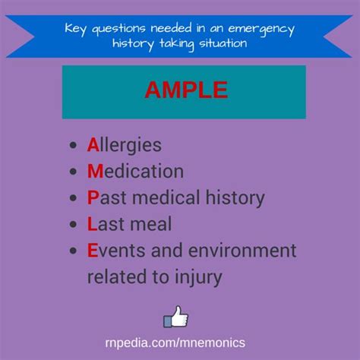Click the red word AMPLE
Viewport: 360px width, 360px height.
(x=186, y=90)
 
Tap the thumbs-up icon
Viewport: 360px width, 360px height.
(x=175, y=317)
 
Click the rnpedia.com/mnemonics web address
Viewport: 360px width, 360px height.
(x=175, y=343)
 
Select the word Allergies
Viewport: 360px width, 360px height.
(x=125, y=145)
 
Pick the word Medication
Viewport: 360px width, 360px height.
(x=135, y=171)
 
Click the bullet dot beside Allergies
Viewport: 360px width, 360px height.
(x=73, y=145)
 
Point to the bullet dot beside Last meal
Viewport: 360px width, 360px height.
(x=73, y=224)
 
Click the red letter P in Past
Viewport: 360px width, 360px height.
(x=93, y=197)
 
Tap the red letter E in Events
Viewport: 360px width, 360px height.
(x=93, y=250)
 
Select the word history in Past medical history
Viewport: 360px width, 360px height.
(x=235, y=198)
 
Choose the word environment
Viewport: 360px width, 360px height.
(x=242, y=251)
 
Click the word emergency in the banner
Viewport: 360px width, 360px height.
(x=261, y=30)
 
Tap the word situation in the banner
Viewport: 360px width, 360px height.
(x=223, y=43)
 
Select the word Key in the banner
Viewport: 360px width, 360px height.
(x=75, y=29)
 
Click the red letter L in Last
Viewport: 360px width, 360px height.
(x=92, y=224)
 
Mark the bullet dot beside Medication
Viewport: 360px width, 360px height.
(x=73, y=172)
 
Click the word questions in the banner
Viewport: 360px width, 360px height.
(x=118, y=30)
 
